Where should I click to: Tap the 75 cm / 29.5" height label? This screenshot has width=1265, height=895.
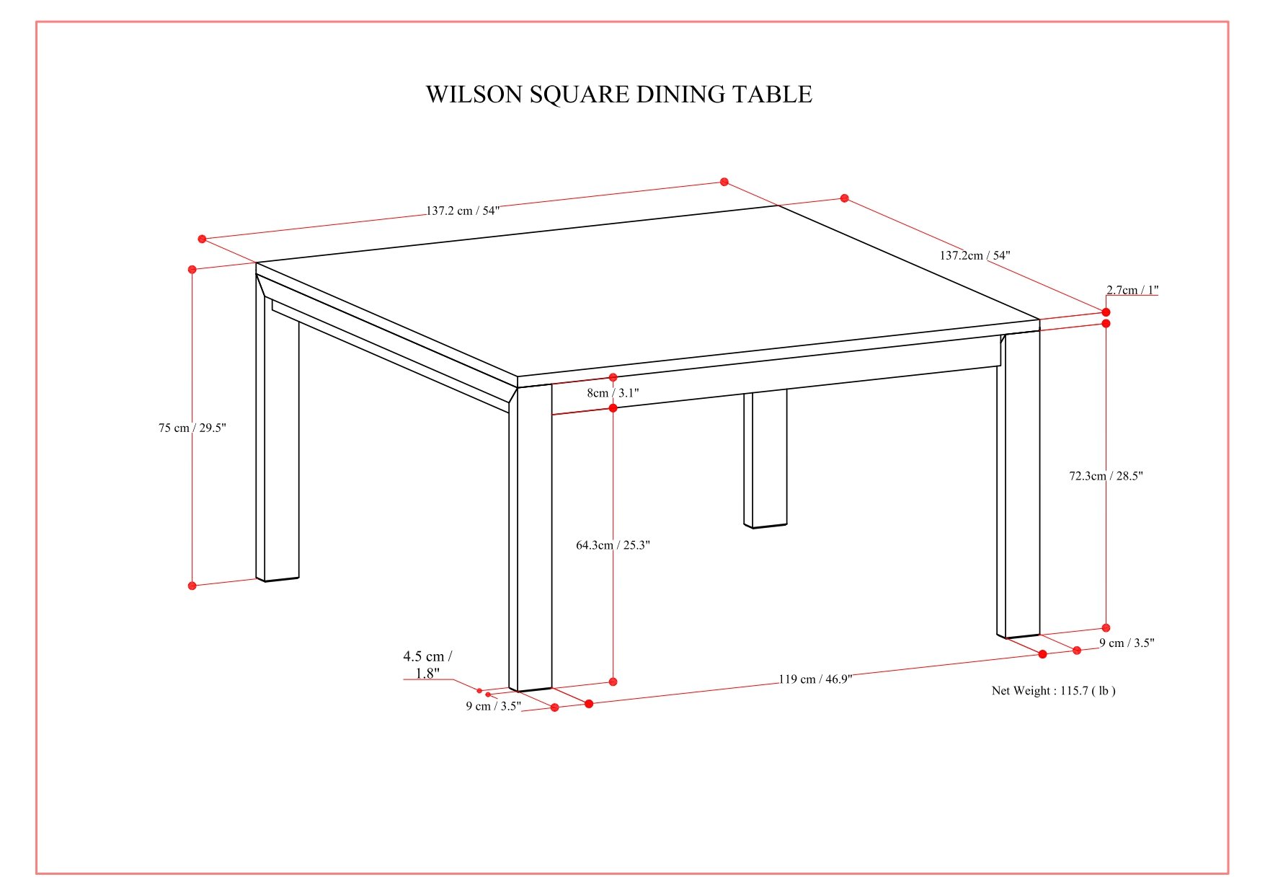coord(192,428)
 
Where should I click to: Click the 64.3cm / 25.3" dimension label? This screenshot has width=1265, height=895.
coord(613,545)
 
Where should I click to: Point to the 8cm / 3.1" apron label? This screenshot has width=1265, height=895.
coord(613,393)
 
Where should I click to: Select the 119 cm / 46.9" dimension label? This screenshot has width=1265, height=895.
coord(815,679)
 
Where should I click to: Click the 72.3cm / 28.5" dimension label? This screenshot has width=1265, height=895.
coord(1106,476)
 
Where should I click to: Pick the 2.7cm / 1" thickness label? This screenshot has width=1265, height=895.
coord(1132,290)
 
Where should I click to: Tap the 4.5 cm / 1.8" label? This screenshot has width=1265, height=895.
coord(427,664)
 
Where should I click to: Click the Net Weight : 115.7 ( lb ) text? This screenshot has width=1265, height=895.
coord(1053,691)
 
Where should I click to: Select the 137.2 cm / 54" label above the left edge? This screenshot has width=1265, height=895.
coord(462,211)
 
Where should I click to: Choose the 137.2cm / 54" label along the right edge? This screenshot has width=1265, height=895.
coord(975,255)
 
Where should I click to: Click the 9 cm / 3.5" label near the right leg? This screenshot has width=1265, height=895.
coord(1126,643)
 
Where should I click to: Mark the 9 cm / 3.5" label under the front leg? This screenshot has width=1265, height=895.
coord(493,706)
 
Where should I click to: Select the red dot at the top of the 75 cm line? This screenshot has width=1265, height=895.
coord(192,270)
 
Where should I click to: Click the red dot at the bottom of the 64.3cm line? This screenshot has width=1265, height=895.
coord(613,682)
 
